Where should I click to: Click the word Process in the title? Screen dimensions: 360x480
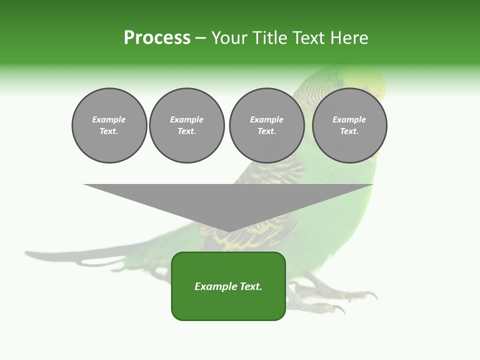pyautogui.click(x=157, y=38)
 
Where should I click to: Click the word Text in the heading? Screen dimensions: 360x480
pyautogui.click(x=308, y=38)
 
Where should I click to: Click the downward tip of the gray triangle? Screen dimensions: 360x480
pyautogui.click(x=228, y=231)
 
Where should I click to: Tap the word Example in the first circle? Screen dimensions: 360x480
pyautogui.click(x=109, y=119)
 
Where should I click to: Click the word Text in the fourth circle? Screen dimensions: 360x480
pyautogui.click(x=349, y=131)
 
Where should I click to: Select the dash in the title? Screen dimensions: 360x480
pyautogui.click(x=200, y=38)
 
